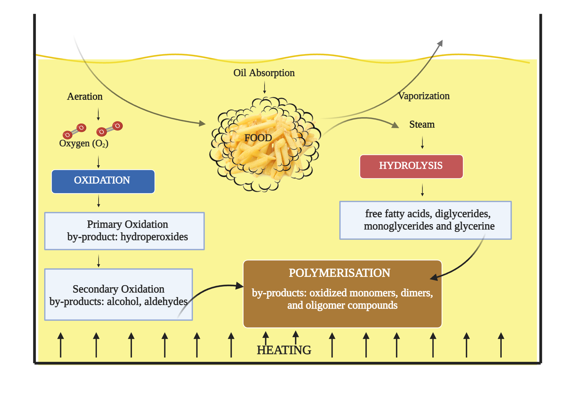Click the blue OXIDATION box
tap(103, 181)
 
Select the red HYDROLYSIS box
tap(411, 166)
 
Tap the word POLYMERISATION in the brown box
tap(339, 273)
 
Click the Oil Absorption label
tap(264, 73)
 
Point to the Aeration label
tap(85, 96)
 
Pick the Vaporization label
tap(424, 96)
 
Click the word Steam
tap(422, 124)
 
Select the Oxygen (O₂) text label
tap(84, 143)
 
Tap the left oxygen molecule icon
tap(74, 131)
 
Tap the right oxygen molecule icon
tap(110, 129)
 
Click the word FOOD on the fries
tap(258, 138)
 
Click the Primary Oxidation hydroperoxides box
tap(124, 231)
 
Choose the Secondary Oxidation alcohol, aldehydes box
tap(118, 294)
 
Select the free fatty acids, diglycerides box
tap(425, 220)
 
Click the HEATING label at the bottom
tap(284, 350)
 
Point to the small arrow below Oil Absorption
tap(264, 87)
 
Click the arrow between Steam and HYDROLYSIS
tap(422, 142)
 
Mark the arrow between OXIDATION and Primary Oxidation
tap(99, 201)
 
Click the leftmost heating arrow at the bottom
tap(60, 345)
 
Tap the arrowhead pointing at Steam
tap(396, 125)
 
